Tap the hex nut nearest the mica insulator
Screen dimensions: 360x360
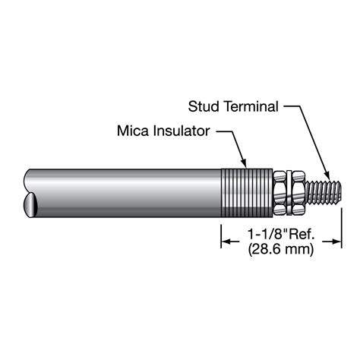pyautogui.click(x=281, y=193)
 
